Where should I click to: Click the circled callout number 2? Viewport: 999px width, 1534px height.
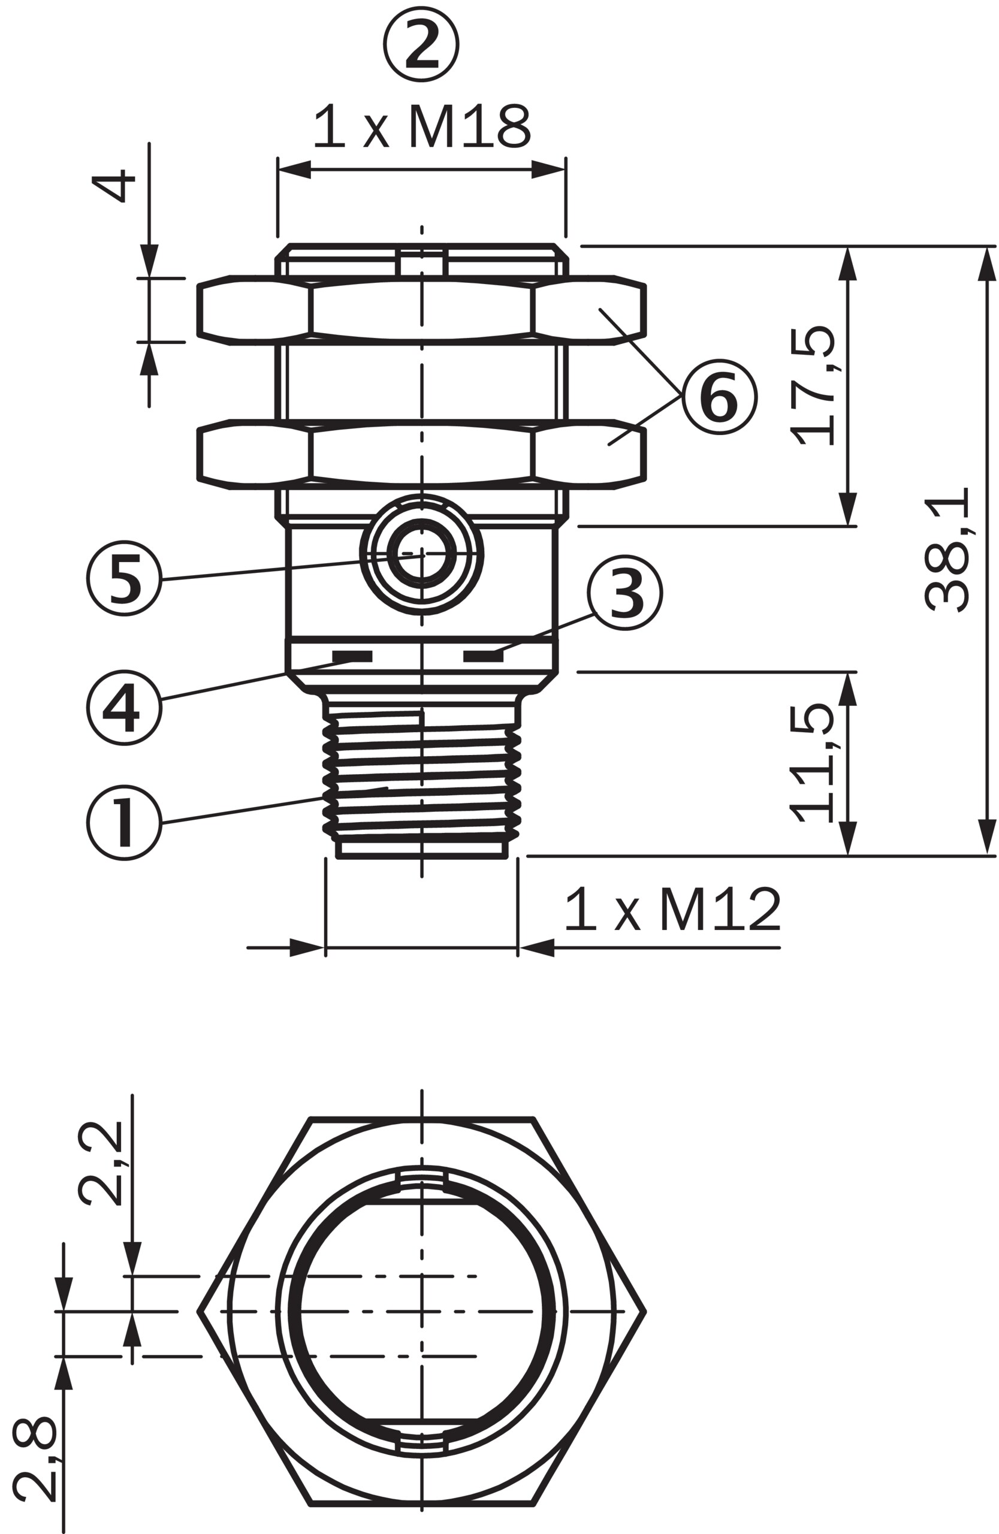pyautogui.click(x=421, y=44)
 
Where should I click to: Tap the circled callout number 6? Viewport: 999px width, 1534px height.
pyautogui.click(x=719, y=397)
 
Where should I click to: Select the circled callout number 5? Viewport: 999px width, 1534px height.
pyautogui.click(x=125, y=578)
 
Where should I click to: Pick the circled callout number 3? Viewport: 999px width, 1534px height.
pyautogui.click(x=624, y=593)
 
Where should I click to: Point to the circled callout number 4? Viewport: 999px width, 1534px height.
pyautogui.click(x=125, y=708)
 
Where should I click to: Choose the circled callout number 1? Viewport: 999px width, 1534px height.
pyautogui.click(x=125, y=823)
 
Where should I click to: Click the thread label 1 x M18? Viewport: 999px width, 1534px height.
pyautogui.click(x=422, y=126)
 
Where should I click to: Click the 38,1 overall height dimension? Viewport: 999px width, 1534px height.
pyautogui.click(x=947, y=549)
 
